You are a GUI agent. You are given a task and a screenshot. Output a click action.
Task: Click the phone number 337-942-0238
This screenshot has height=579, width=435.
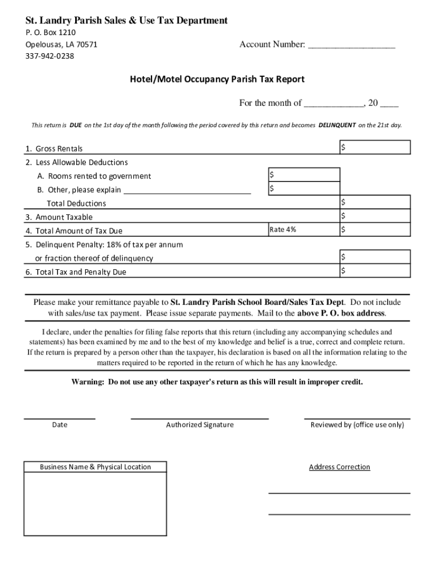click(x=50, y=56)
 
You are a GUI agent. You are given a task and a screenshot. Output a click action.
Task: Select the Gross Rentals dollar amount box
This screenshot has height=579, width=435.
click(x=375, y=148)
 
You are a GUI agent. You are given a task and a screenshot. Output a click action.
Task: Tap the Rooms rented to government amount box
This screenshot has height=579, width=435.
click(x=304, y=175)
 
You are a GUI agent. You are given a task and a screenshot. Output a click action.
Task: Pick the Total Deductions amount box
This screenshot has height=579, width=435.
click(x=375, y=202)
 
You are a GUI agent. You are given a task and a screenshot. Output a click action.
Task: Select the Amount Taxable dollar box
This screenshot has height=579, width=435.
click(x=375, y=216)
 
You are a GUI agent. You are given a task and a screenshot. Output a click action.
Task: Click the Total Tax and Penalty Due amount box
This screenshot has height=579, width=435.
click(x=375, y=271)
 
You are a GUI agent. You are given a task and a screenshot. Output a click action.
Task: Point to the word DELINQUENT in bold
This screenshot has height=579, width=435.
click(x=337, y=125)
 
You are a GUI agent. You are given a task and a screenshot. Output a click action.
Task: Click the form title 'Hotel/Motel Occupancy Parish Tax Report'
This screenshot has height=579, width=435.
click(x=217, y=80)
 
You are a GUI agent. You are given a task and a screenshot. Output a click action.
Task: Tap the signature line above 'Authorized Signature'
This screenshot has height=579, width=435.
click(x=199, y=418)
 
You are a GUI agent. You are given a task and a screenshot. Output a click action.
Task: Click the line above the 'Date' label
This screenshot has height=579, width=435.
click(x=59, y=418)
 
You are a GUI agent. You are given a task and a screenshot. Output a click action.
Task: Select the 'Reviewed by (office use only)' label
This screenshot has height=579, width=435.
click(x=357, y=425)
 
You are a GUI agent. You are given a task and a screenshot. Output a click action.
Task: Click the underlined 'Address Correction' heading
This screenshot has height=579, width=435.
click(x=339, y=467)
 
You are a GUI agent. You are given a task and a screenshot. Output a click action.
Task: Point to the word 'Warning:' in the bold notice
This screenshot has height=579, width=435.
click(x=88, y=382)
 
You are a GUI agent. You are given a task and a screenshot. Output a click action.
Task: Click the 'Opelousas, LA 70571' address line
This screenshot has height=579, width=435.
click(x=61, y=45)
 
